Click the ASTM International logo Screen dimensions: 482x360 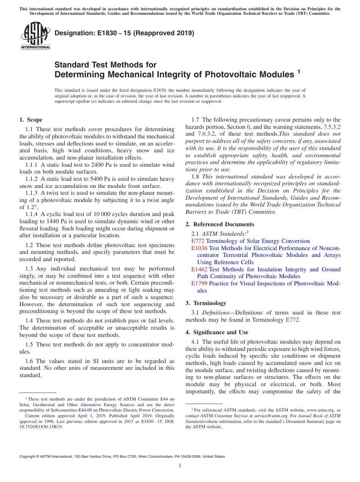pyautogui.click(x=35, y=36)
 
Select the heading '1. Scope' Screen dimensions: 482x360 pyautogui.click(x=31, y=120)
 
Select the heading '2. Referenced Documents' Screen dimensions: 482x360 pyautogui.click(x=220, y=224)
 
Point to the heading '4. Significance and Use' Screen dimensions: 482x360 pyautogui.click(x=217, y=332)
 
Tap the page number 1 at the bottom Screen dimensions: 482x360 pyautogui.click(x=180, y=465)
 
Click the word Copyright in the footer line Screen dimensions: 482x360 pyautogui.click(x=29, y=457)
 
